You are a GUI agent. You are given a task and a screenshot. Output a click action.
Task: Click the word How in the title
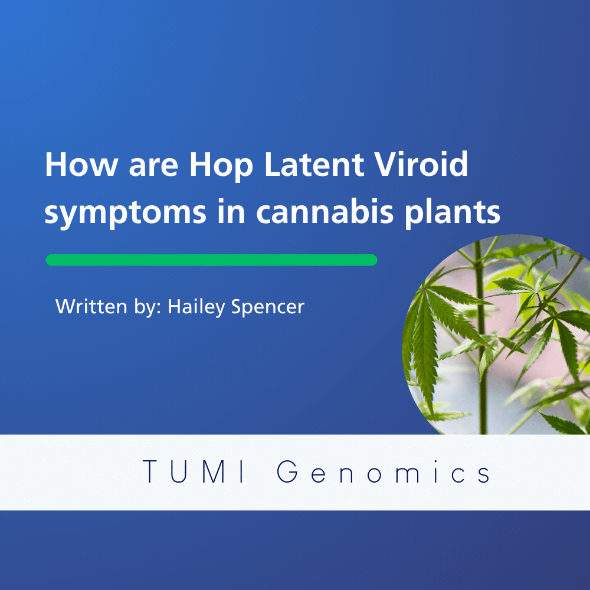coord(81,164)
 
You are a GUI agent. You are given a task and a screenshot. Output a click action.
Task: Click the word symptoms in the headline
coord(126,214)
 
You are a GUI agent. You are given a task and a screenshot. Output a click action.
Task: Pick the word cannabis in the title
coord(324,211)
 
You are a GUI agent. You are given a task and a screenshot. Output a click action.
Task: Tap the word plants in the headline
coord(453,214)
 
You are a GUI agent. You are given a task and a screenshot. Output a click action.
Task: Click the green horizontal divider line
coord(211,260)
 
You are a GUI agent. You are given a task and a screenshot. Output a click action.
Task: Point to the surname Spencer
coord(267,307)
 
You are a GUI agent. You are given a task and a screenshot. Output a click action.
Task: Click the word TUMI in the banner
coord(194,471)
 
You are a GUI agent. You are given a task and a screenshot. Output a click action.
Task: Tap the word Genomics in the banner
coord(383,471)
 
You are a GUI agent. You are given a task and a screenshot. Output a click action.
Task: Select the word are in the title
coord(153,168)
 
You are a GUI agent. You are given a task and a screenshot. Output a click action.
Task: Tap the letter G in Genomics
coord(287,471)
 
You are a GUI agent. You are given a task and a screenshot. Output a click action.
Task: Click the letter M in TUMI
coord(214,471)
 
